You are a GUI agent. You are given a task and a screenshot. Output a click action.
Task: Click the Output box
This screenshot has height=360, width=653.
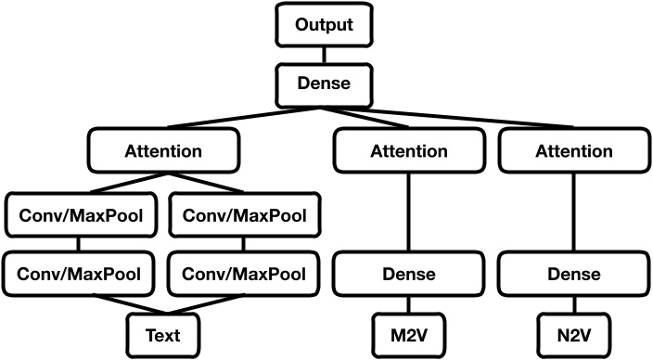(x=326, y=25)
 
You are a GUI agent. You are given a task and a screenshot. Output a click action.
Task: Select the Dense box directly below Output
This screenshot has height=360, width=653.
(x=326, y=83)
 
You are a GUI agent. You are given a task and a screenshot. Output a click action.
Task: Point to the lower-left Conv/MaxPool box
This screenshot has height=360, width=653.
(x=79, y=274)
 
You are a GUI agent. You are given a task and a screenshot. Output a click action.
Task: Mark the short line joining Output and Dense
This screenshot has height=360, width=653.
(x=326, y=54)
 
